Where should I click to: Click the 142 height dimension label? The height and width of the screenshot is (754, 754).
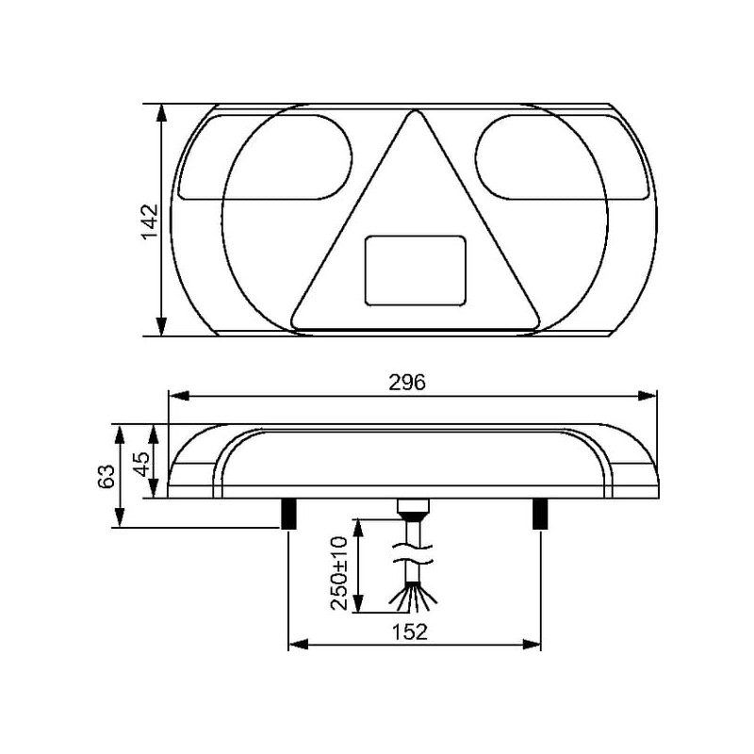click(x=151, y=221)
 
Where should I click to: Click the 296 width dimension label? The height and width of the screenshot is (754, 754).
click(x=407, y=383)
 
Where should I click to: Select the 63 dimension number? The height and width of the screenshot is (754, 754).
click(x=107, y=477)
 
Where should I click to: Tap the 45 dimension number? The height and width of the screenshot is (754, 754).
click(x=142, y=464)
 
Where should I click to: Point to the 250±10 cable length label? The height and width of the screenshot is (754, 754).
click(x=338, y=573)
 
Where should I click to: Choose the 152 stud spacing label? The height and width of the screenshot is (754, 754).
click(x=409, y=632)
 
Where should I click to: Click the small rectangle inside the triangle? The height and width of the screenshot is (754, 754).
click(x=416, y=270)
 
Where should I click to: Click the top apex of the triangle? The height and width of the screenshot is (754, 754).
click(x=414, y=110)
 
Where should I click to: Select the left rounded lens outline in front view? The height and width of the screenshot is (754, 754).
click(x=266, y=156)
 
